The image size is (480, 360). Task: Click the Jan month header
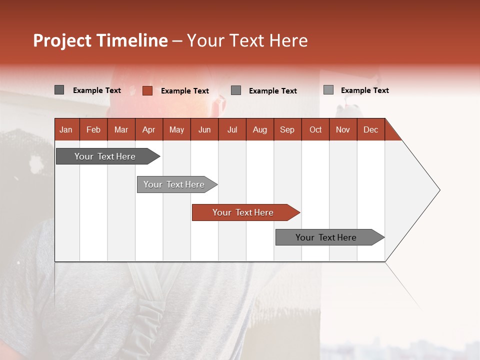pyautogui.click(x=66, y=129)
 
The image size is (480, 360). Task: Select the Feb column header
pyautogui.click(x=93, y=129)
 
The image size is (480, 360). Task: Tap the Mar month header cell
pyautogui.click(x=121, y=129)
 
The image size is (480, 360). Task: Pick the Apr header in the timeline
pyautogui.click(x=149, y=129)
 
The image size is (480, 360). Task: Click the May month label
pyautogui.click(x=176, y=129)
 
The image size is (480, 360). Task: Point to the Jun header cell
pyautogui.click(x=204, y=129)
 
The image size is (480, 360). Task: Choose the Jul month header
pyautogui.click(x=232, y=129)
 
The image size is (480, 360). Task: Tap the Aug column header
pyautogui.click(x=260, y=129)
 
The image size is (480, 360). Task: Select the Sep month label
pyautogui.click(x=287, y=129)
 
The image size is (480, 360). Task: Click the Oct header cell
pyautogui.click(x=315, y=129)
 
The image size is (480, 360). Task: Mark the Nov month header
pyautogui.click(x=343, y=129)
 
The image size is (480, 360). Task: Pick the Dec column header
pyautogui.click(x=371, y=129)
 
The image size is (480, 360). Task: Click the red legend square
pyautogui.click(x=147, y=90)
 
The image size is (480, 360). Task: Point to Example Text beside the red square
pyautogui.click(x=185, y=91)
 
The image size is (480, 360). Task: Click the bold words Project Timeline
pyautogui.click(x=100, y=40)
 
